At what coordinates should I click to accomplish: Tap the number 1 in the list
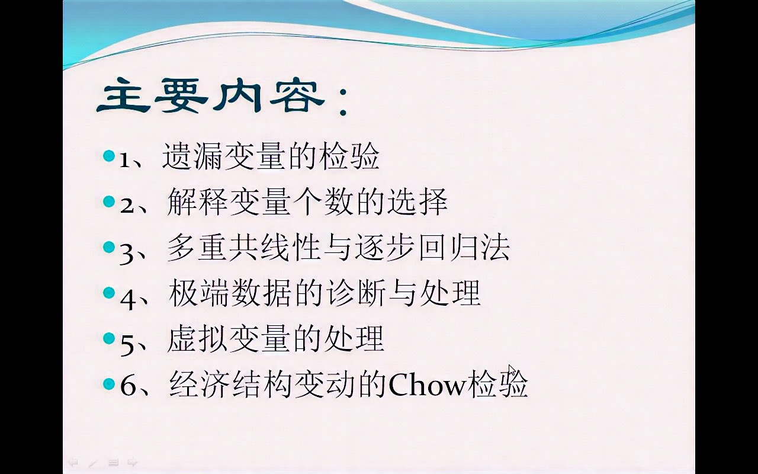point(125,160)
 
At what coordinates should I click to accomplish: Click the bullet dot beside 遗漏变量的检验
point(108,156)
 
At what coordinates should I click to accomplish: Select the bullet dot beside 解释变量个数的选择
point(108,201)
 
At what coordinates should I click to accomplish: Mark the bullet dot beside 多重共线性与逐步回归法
point(108,247)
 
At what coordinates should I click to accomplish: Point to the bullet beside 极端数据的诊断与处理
point(108,293)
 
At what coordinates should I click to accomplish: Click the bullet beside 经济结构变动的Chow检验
point(108,384)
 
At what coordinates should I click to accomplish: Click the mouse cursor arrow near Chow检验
point(513,371)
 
